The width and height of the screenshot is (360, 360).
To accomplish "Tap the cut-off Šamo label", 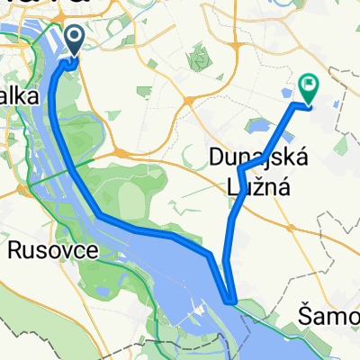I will pos(328,315).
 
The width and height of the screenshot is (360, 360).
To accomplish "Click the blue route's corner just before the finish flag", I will pos(294,105).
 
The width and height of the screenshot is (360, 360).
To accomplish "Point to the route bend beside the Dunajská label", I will pos(239,169).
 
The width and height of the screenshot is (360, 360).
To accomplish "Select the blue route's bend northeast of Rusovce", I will pos(99,215).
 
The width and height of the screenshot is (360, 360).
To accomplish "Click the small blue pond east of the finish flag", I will pos(335,104).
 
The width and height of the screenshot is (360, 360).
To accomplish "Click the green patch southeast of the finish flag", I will pos(342,143).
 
